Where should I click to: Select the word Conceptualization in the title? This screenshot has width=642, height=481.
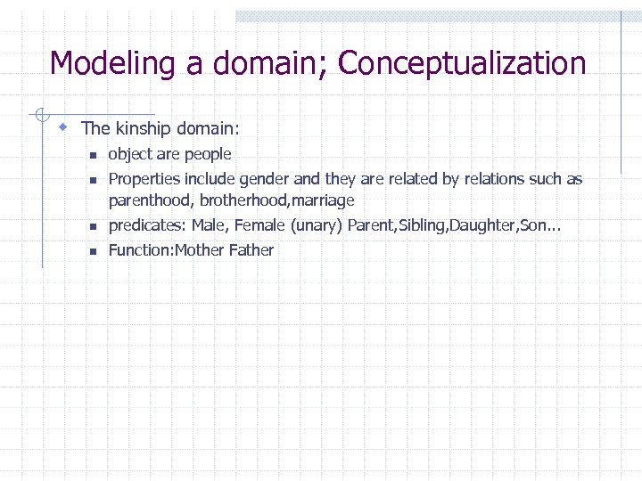tap(462, 64)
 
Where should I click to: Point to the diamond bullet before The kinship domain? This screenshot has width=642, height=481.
tap(62, 127)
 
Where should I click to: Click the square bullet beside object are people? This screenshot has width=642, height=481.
tap(91, 156)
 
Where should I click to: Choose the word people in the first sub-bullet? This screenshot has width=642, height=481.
tap(207, 154)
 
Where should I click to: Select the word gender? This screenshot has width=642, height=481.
tap(260, 179)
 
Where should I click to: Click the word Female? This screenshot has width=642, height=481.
tap(259, 226)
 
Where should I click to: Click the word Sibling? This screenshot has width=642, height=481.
tap(422, 226)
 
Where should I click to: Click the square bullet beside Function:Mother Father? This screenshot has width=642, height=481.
tap(91, 252)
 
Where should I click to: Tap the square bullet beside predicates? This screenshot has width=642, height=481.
tap(91, 227)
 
